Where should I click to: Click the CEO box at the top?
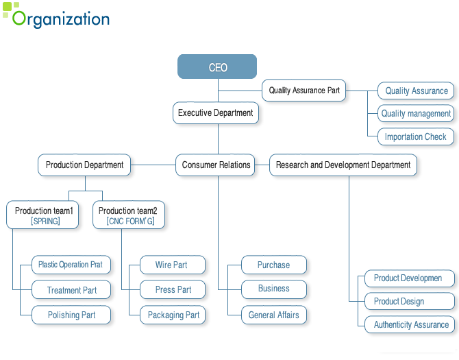point(217,67)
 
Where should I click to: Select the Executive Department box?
point(216,112)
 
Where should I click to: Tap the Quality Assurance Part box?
point(304,91)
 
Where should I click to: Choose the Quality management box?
point(416,113)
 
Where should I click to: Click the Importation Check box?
point(416,136)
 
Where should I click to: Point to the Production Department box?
point(84,165)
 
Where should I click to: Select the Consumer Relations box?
point(215,165)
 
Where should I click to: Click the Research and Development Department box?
point(343,165)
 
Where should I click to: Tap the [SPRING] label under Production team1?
point(45,221)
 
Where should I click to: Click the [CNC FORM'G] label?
point(130,221)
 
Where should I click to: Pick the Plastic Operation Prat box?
point(71,265)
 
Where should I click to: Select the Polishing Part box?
point(71,315)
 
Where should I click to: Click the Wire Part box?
point(173,265)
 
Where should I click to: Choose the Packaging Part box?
point(173,315)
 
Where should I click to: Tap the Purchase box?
point(274,265)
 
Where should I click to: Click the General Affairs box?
point(274,315)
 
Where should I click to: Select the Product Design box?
point(410,301)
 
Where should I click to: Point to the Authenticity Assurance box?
point(410,324)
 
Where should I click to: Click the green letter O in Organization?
point(19,18)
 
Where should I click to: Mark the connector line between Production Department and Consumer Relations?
point(153,165)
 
